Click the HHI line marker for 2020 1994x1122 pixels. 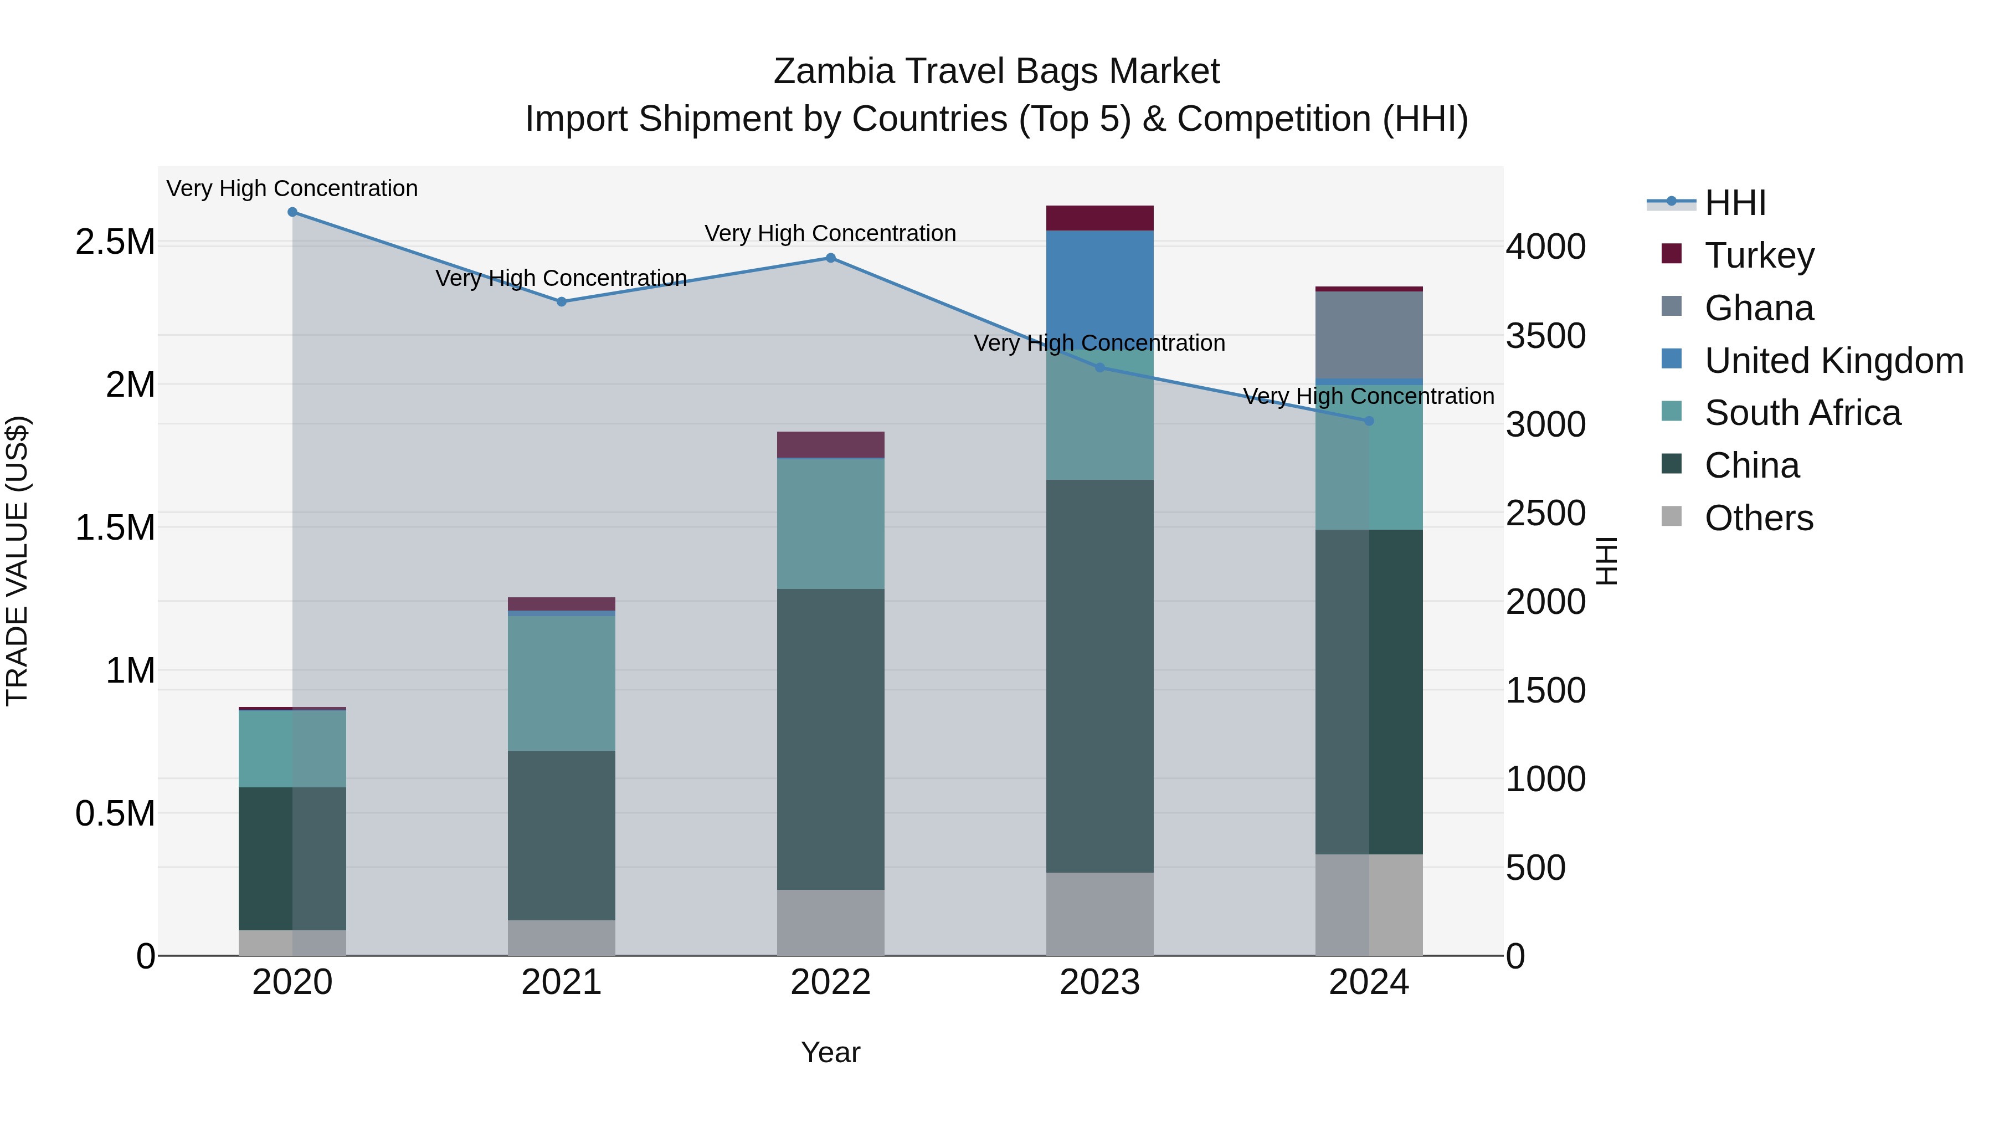point(292,212)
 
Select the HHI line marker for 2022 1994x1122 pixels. point(831,258)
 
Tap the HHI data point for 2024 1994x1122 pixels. point(1369,421)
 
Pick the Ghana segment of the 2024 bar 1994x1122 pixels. point(1369,335)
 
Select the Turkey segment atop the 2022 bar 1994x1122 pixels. point(831,444)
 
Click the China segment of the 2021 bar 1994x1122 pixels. point(561,835)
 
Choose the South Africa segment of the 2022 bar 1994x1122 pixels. point(831,524)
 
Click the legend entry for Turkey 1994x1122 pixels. point(1759,255)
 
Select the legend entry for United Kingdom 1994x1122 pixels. point(1833,361)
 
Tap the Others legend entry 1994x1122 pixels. point(1758,518)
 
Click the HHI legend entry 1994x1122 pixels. point(1735,203)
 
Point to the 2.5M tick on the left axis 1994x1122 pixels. point(115,242)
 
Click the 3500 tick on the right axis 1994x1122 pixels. point(1545,336)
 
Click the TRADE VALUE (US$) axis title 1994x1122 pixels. point(17,561)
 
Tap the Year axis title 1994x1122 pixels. point(831,1052)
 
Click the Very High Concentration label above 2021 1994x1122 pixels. point(561,278)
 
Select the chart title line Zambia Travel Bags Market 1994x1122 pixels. point(996,71)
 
